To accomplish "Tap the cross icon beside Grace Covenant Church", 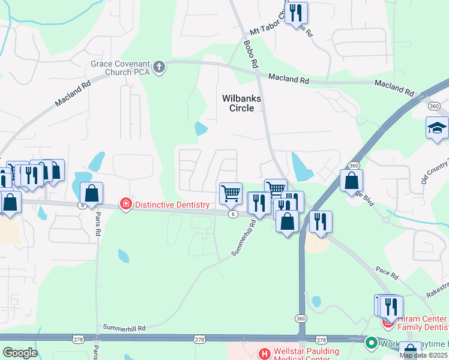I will pos(160,66).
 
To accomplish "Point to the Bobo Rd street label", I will pos(250,53).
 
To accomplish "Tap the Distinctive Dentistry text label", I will pos(172,205).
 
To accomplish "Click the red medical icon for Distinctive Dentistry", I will pos(125,205).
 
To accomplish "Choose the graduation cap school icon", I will pos(437,128).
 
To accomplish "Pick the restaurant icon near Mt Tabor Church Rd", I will pos(295,13).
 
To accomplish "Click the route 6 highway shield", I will pos(232,214).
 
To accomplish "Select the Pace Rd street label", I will pos(387,274).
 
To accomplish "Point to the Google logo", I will pos(19,352).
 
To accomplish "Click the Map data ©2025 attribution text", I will pos(424,355).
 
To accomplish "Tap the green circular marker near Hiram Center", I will pos(372,343).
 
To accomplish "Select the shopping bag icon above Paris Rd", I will pos(91,193).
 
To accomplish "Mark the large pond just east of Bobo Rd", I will pos(301,166).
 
